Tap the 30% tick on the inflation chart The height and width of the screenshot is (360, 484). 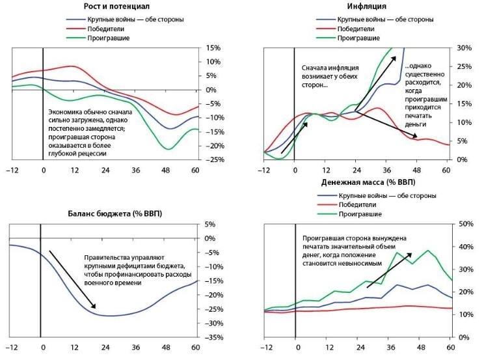pos(463,48)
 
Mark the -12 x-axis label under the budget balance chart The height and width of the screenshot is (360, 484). pos(12,348)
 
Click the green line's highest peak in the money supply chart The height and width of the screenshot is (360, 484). pos(427,250)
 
